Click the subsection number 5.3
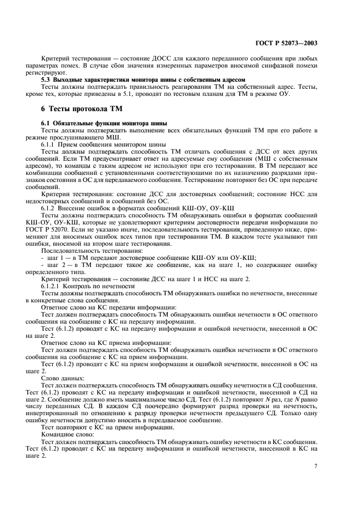(x=46, y=80)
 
